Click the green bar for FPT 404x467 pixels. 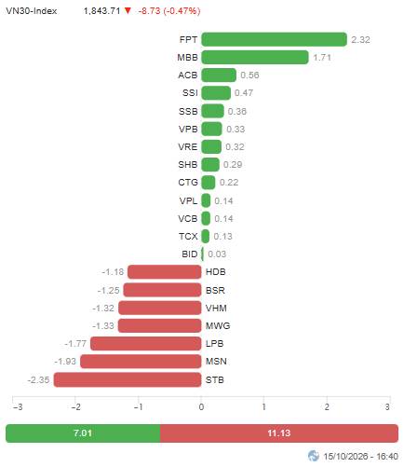(274, 39)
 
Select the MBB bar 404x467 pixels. (255, 57)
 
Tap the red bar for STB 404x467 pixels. (128, 379)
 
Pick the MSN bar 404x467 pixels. (141, 362)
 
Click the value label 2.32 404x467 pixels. (360, 40)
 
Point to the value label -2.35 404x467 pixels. (38, 380)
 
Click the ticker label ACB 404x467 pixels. (188, 76)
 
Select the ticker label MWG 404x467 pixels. (218, 326)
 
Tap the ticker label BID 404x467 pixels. (190, 254)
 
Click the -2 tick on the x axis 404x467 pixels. (75, 406)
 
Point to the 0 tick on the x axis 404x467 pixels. (201, 406)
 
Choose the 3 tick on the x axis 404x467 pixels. (387, 406)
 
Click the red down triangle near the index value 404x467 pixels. (128, 11)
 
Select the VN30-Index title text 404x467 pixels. (32, 11)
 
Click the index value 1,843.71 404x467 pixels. (101, 11)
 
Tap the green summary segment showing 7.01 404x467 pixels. (83, 433)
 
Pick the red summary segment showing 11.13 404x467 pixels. (279, 433)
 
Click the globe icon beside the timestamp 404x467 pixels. (314, 456)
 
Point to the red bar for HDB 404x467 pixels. (165, 272)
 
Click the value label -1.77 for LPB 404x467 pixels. (75, 344)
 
